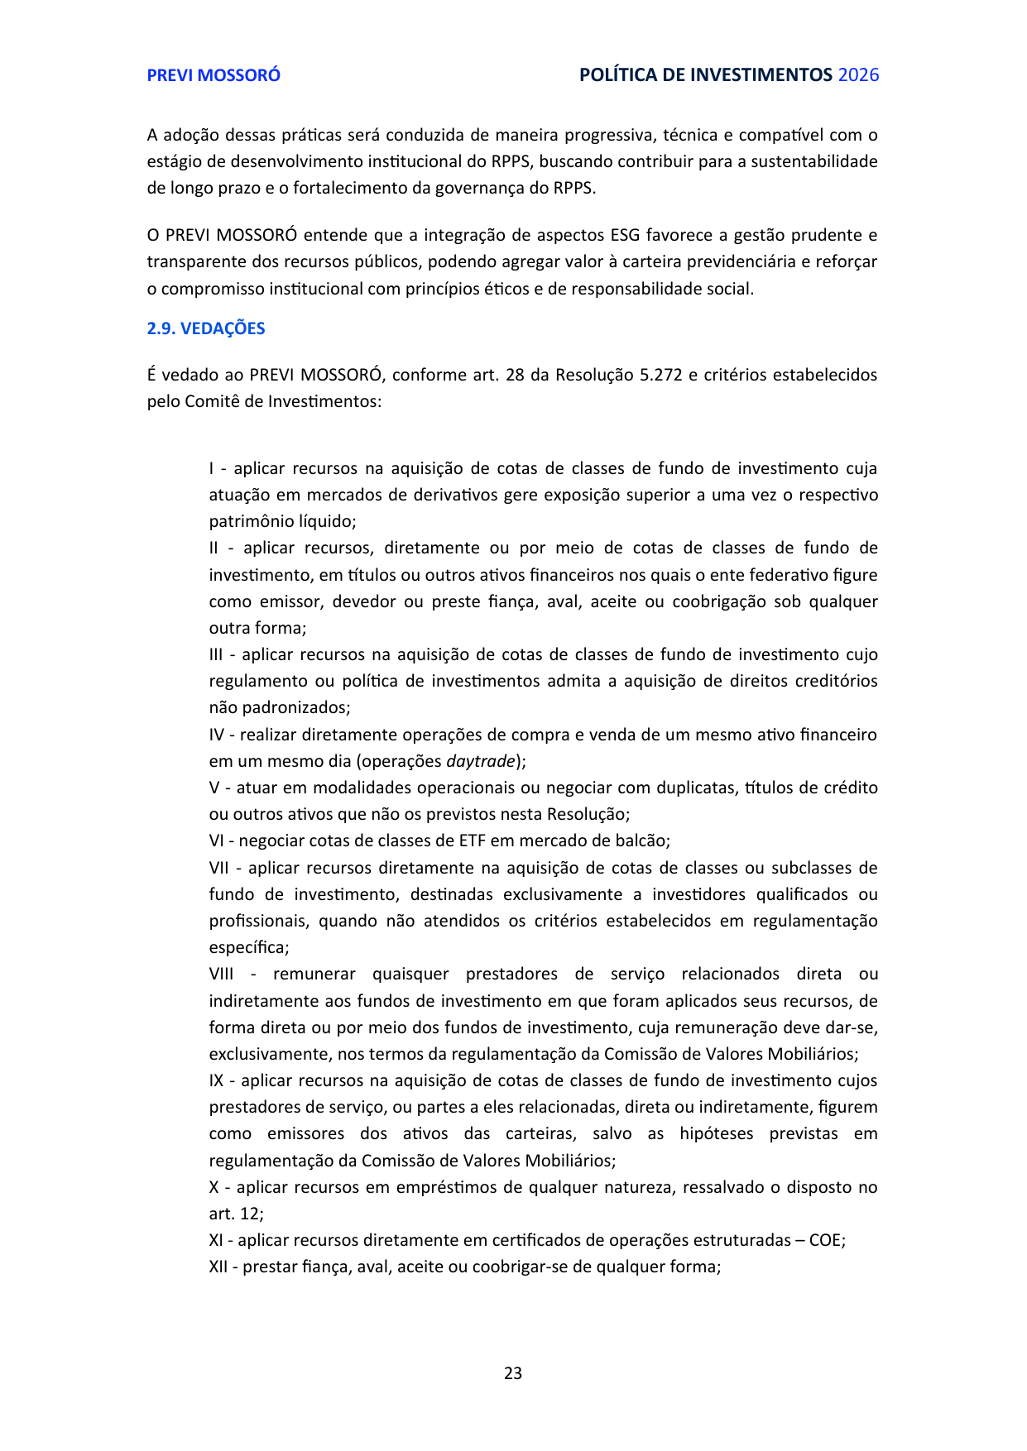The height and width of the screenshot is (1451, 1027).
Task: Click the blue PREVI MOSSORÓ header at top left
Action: (214, 75)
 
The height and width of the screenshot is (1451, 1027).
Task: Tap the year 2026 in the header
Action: (858, 75)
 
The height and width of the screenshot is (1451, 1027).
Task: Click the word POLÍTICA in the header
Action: (614, 75)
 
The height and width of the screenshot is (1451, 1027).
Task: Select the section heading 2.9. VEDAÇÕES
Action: (206, 328)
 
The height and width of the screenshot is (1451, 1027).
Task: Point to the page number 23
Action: (513, 1373)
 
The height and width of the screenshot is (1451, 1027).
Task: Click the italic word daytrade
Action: (482, 761)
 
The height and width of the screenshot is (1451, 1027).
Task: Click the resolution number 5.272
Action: (661, 375)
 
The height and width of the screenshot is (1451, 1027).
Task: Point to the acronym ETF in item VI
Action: (468, 840)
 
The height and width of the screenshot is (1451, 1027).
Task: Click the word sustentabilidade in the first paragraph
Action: (814, 161)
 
